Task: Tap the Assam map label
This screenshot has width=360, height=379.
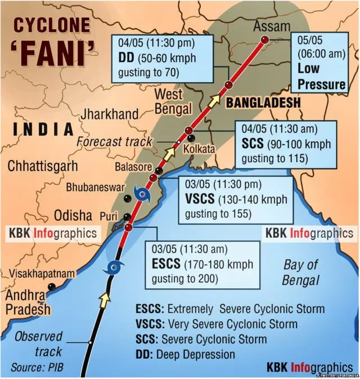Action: coord(272,26)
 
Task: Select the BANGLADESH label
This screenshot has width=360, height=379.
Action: coord(263,103)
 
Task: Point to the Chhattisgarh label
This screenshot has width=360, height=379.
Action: coord(42,166)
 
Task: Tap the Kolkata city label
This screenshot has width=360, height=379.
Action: coord(200,149)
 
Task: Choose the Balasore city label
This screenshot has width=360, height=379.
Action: coord(133,167)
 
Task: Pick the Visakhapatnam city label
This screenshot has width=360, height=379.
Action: coord(42,274)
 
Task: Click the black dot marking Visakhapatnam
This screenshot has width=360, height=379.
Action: coord(52,287)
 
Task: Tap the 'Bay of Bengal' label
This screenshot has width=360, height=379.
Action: coord(300,272)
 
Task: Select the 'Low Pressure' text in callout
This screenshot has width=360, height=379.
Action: coord(321,77)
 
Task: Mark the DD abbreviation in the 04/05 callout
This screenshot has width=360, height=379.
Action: coord(125,59)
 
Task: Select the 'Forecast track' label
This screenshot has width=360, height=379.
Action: coord(115,141)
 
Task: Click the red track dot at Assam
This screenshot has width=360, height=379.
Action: coord(264,39)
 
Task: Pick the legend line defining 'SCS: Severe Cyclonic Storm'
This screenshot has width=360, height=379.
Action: coord(201,339)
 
